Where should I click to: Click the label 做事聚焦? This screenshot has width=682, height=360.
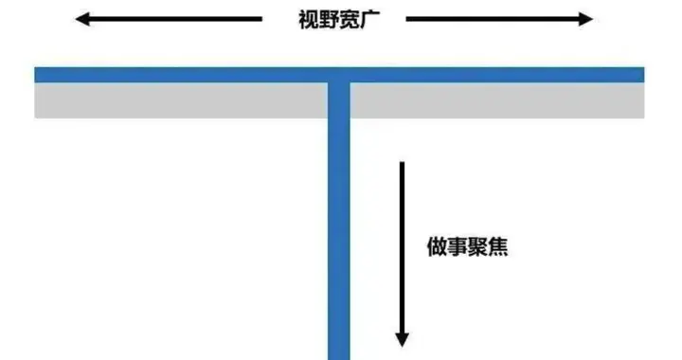click(x=467, y=249)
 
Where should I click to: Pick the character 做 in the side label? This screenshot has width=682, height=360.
click(x=437, y=249)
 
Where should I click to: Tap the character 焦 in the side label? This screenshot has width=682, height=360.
click(x=498, y=249)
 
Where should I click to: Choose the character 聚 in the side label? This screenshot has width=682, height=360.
click(x=477, y=249)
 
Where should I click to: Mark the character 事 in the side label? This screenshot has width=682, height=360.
click(x=457, y=249)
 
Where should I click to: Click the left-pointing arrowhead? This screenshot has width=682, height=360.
click(x=83, y=19)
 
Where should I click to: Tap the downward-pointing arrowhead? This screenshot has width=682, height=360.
click(x=402, y=337)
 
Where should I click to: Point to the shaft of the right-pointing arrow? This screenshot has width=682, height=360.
click(x=493, y=19)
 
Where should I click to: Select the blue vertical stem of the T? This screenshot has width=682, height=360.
click(x=339, y=237)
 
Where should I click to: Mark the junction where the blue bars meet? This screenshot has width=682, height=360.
click(x=339, y=76)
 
